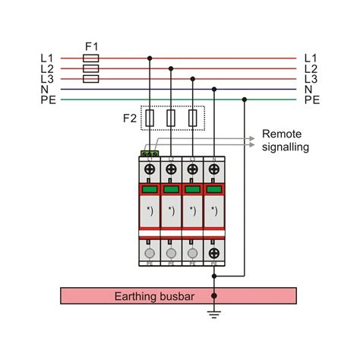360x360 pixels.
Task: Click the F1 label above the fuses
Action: click(90, 46)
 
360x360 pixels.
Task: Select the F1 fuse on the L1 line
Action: click(90, 58)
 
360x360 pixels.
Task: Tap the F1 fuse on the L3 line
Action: click(90, 78)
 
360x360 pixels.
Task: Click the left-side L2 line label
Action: click(47, 68)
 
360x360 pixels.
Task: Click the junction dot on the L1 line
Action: click(150, 58)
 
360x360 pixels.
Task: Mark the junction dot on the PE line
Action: click(244, 99)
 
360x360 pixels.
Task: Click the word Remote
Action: click(282, 133)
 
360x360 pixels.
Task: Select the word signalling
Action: click(286, 147)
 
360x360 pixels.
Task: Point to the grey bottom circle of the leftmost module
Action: click(150, 252)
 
